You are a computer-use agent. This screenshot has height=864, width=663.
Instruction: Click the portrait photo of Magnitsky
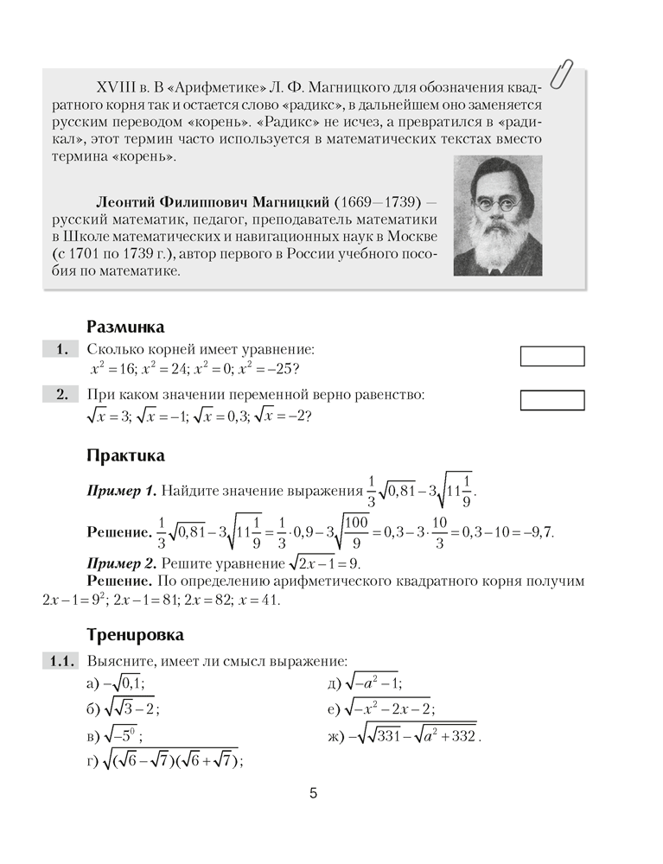(497, 215)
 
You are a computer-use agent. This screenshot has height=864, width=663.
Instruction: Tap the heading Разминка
(125, 327)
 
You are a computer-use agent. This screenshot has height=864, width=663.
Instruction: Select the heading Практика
(125, 455)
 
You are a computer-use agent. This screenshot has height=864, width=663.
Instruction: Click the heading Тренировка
(135, 635)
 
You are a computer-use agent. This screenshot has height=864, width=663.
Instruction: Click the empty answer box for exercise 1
(552, 356)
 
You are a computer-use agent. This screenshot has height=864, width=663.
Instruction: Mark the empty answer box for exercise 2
(552, 400)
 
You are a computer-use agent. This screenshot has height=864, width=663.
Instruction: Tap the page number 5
(313, 794)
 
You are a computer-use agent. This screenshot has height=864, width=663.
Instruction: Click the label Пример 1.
(122, 492)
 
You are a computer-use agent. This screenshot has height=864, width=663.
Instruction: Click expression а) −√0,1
(116, 685)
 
